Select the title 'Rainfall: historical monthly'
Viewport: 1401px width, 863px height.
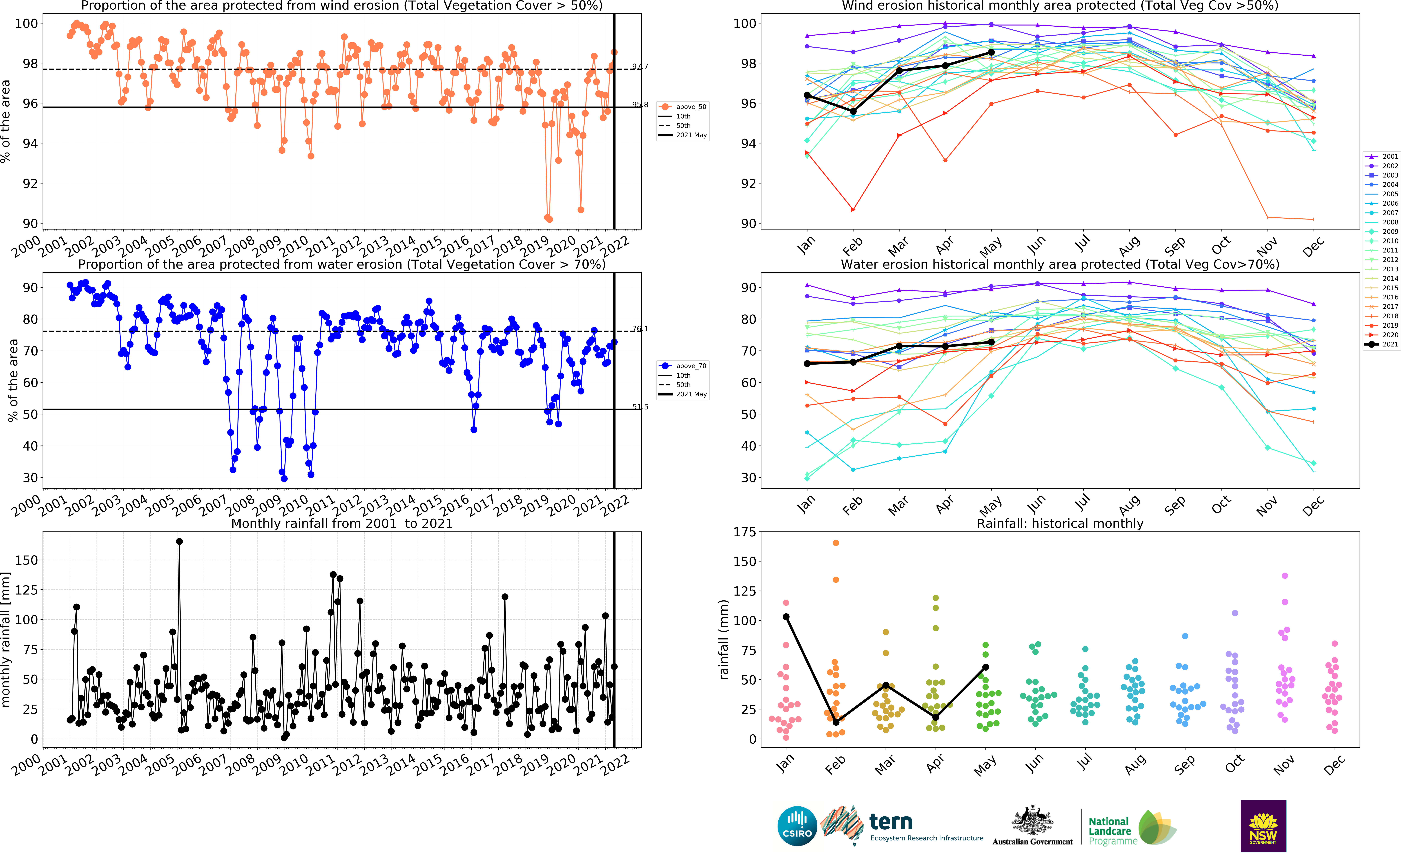(x=1060, y=523)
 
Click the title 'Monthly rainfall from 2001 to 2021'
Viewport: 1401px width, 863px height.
(x=341, y=523)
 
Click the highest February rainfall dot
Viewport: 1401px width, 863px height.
(x=836, y=543)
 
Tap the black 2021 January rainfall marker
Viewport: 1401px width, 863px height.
(x=786, y=616)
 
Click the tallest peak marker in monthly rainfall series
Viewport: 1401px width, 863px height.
(x=179, y=541)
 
